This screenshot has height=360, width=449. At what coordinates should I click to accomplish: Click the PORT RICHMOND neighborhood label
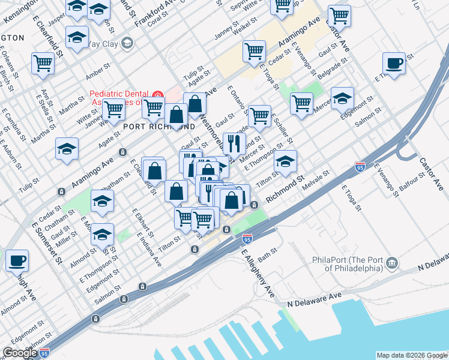pyautogui.click(x=159, y=127)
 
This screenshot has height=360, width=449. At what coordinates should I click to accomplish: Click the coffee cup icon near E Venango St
pyautogui.click(x=394, y=64)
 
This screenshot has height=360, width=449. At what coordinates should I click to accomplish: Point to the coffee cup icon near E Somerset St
pyautogui.click(x=17, y=261)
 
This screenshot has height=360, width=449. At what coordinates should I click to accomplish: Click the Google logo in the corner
pyautogui.click(x=20, y=353)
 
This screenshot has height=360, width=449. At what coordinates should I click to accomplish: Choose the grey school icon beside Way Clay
pyautogui.click(x=127, y=43)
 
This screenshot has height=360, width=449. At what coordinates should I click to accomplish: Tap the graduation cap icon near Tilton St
pyautogui.click(x=285, y=162)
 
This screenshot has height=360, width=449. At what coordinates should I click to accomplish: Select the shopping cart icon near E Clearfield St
pyautogui.click(x=43, y=64)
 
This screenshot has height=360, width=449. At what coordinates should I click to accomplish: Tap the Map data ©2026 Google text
pyautogui.click(x=411, y=355)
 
